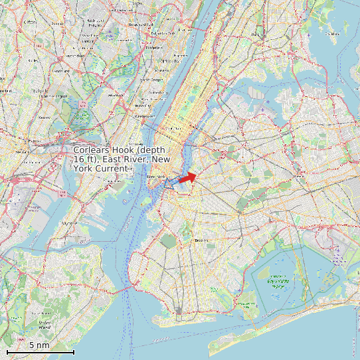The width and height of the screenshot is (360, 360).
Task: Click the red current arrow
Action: pyautogui.click(x=187, y=177)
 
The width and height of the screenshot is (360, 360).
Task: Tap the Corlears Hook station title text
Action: pyautogui.click(x=122, y=159)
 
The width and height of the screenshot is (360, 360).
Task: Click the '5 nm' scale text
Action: pyautogui.click(x=39, y=345)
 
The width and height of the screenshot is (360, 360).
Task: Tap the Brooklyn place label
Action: pyautogui.click(x=201, y=240)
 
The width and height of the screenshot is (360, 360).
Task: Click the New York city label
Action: pyautogui.click(x=155, y=177)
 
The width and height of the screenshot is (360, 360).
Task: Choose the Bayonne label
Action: pyautogui.click(x=68, y=224)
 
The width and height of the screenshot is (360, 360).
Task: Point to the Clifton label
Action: pyautogui.click(x=30, y=22)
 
